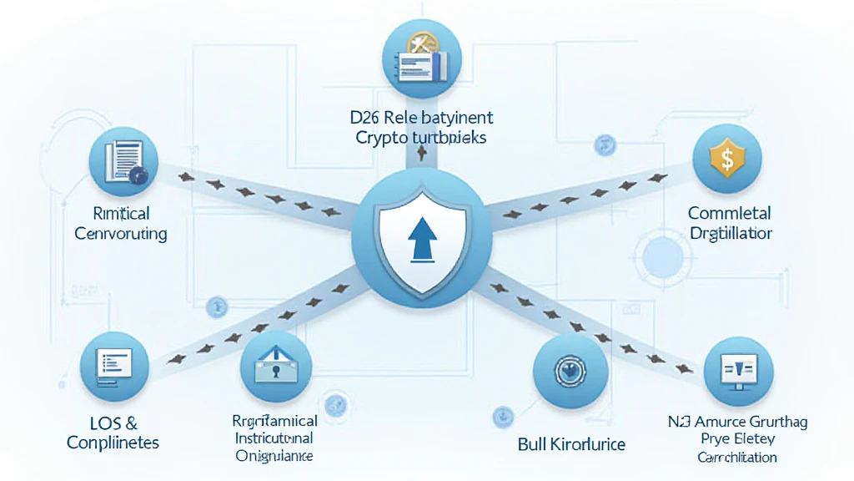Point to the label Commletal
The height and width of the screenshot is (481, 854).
(729, 213)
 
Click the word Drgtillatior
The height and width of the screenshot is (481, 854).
(731, 233)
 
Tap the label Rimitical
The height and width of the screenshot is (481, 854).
(121, 213)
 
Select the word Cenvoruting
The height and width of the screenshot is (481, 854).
(121, 233)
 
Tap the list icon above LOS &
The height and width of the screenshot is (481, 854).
(114, 366)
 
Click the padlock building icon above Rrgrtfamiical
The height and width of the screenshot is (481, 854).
(275, 364)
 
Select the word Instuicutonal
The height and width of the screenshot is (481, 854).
(274, 438)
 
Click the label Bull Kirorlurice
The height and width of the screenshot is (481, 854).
(571, 443)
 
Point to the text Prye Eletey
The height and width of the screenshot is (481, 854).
(738, 440)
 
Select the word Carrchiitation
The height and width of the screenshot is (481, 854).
(737, 458)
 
